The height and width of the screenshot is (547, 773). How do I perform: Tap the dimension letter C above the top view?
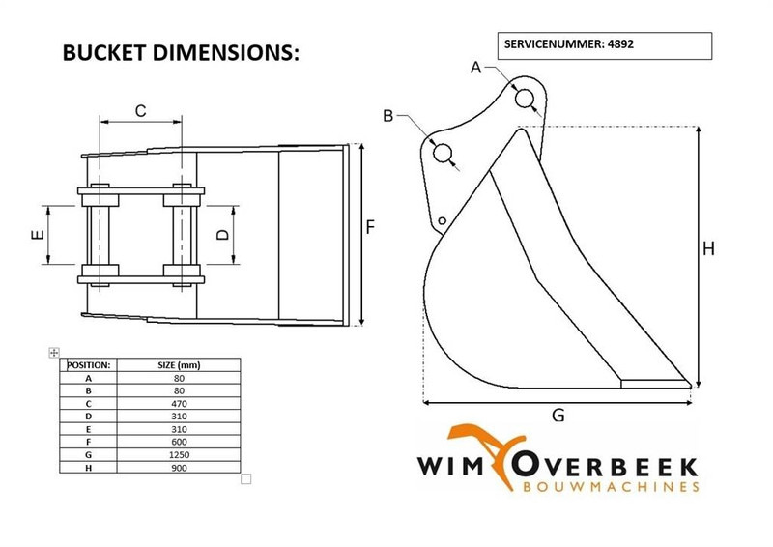[x=140, y=110]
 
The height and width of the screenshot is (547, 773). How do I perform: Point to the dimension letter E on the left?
[x=38, y=235]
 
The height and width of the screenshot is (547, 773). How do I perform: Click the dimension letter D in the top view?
[x=221, y=235]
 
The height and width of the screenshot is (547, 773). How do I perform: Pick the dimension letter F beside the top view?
[x=370, y=227]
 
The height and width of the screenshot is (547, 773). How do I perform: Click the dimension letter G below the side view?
[x=558, y=416]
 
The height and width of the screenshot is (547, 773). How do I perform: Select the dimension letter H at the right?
[x=708, y=249]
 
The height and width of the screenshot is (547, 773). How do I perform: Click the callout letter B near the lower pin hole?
[x=388, y=116]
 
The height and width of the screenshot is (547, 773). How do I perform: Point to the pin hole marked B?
[x=444, y=153]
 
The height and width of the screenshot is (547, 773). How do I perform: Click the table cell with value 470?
[x=179, y=401]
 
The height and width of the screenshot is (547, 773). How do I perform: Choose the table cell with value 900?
[x=179, y=468]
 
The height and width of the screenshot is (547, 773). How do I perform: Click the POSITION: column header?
[x=88, y=365]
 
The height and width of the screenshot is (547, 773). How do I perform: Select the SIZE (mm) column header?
[x=179, y=365]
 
